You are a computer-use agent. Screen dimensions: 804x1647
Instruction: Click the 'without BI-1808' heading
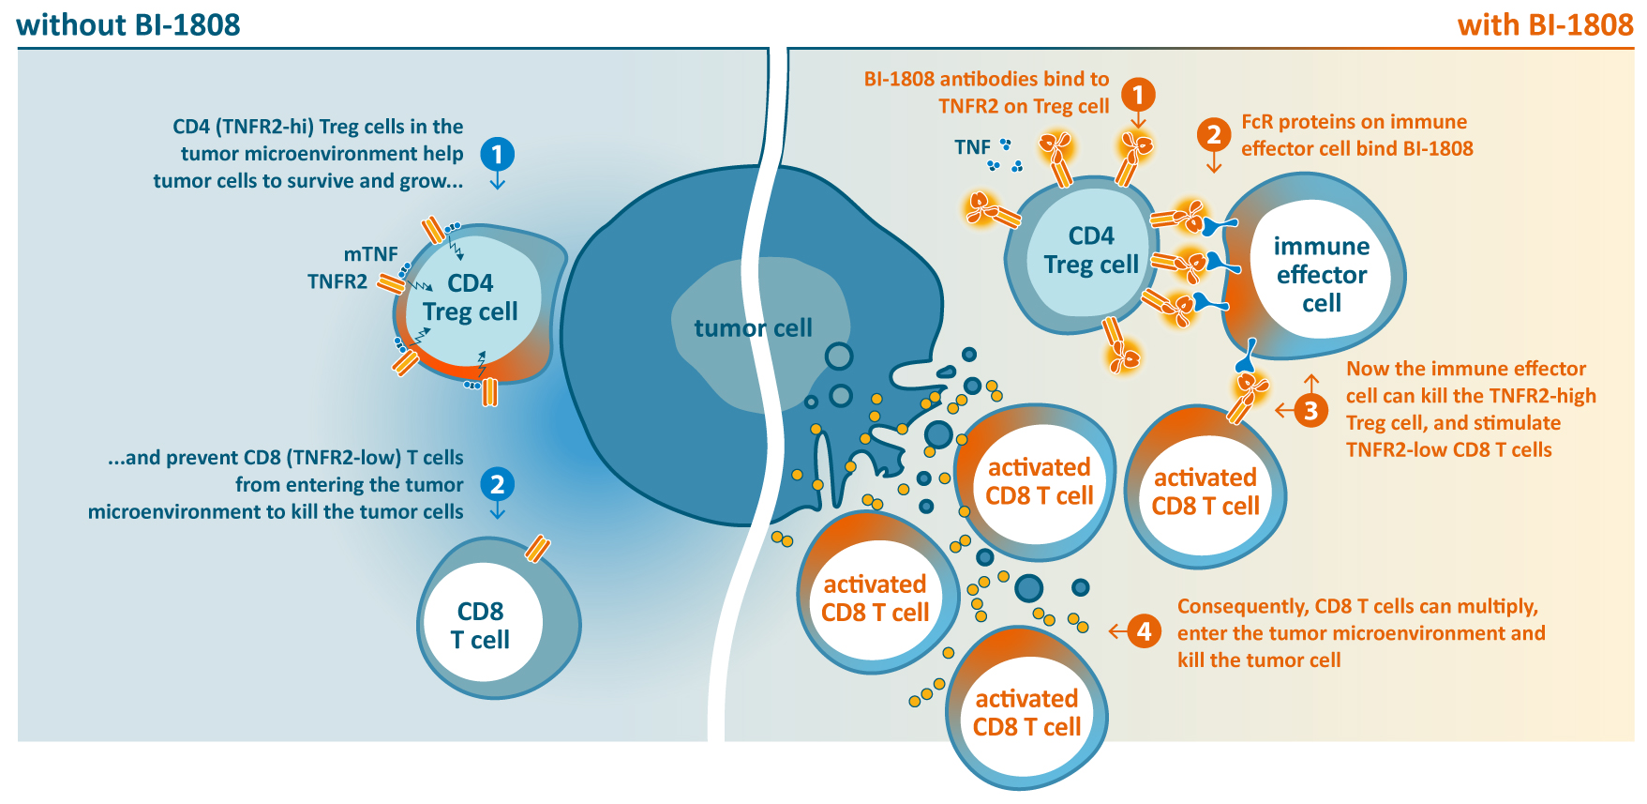[128, 24]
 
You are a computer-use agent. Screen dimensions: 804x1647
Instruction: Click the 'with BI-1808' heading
[1545, 24]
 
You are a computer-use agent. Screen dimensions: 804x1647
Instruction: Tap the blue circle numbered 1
[497, 154]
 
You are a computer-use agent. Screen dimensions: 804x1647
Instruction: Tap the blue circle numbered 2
[497, 484]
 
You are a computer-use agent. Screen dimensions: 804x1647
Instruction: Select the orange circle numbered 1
[1138, 95]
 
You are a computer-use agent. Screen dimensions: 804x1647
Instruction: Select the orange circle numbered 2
[1214, 135]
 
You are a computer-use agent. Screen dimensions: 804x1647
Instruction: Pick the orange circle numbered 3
[1310, 410]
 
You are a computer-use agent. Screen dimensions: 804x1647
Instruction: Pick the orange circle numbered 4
[1144, 631]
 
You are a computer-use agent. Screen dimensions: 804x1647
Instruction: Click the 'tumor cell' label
[753, 328]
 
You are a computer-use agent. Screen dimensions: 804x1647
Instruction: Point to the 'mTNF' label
[370, 254]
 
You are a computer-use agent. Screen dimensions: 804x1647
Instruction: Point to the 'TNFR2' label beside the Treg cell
[337, 281]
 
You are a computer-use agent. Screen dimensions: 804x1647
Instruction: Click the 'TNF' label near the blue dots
[972, 147]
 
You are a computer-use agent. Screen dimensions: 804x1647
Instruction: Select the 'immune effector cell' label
[1321, 275]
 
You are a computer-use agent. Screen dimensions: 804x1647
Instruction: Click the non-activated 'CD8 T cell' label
[480, 626]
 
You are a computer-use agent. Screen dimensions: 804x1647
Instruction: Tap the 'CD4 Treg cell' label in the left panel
[470, 297]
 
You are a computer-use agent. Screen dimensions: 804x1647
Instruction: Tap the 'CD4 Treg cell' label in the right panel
[1091, 250]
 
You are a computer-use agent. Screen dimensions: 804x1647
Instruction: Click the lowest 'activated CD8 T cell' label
[1026, 713]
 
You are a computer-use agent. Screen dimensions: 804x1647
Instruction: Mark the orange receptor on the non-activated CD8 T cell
[537, 548]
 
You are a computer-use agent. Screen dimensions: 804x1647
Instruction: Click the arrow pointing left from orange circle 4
[1116, 631]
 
